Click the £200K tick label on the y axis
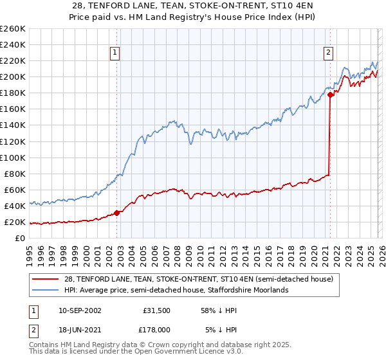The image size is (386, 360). click(x=12, y=76)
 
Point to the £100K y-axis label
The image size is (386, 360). click(x=12, y=157)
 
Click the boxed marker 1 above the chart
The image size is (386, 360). click(x=115, y=53)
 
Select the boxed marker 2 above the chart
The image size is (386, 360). click(x=329, y=53)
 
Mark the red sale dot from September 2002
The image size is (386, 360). click(x=116, y=213)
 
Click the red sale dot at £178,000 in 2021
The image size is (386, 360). click(x=330, y=94)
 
